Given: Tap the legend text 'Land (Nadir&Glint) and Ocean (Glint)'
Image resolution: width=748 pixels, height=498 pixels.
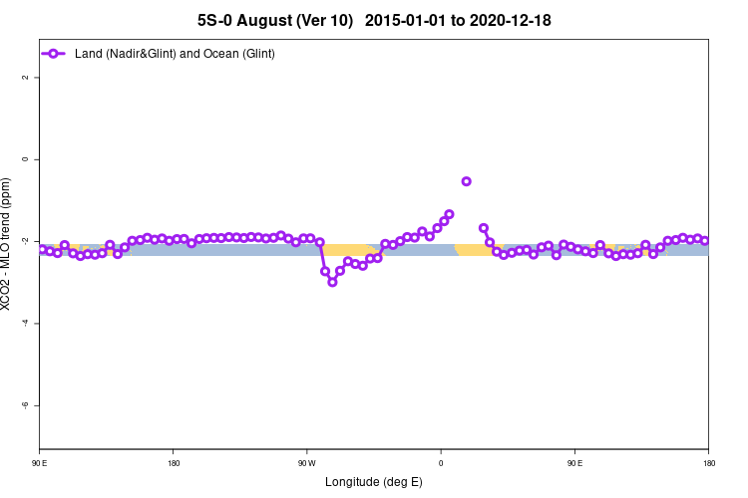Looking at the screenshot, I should tap(175, 53).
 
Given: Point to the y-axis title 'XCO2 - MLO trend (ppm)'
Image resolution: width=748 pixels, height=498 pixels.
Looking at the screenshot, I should tap(8, 244).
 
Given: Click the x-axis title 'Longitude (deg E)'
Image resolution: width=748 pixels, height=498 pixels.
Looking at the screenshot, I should tap(374, 482).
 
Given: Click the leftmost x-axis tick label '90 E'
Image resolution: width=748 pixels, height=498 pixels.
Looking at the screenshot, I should tap(40, 462).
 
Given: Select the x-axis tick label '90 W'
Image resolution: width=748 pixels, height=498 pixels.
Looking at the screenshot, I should tap(306, 462).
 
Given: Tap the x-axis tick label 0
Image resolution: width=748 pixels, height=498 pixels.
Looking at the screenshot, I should tap(441, 462).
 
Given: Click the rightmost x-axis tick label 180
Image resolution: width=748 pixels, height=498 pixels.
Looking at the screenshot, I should tap(708, 462).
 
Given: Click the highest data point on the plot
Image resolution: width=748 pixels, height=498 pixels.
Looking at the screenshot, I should tap(466, 181).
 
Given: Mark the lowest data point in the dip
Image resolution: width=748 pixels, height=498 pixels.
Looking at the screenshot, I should tap(332, 282).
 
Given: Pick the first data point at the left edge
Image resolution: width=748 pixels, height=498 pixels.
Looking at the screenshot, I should tap(42, 250).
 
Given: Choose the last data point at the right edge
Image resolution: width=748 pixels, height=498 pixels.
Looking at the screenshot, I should tap(704, 241).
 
